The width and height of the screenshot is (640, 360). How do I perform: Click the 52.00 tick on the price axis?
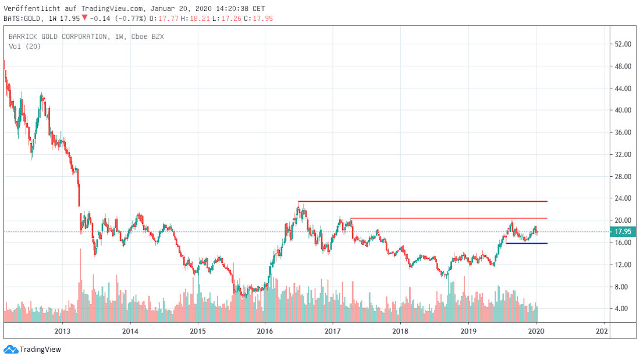point(624,44)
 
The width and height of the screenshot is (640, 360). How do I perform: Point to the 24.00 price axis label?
point(624,198)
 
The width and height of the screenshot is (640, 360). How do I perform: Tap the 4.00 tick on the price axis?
point(624,308)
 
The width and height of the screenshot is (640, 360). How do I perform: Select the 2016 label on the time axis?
point(265,330)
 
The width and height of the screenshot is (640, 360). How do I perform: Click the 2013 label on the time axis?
point(62,330)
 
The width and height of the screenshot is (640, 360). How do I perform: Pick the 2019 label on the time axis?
point(468,330)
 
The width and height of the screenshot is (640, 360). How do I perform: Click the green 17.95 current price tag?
point(624,231)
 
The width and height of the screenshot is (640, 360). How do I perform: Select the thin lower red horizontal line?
point(448,218)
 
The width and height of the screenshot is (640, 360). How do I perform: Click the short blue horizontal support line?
point(527,243)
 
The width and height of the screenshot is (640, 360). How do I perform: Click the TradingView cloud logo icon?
point(10,349)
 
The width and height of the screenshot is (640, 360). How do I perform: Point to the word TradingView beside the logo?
point(40,349)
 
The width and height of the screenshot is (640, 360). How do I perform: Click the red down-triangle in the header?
point(84,17)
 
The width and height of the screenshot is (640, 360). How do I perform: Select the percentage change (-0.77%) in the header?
point(130,18)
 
